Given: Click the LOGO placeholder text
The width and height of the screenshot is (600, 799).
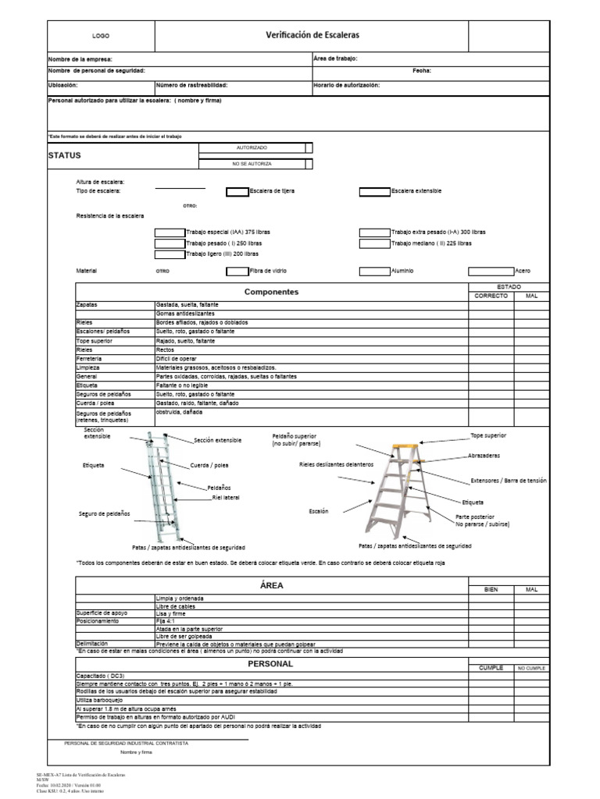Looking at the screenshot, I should tap(101, 36).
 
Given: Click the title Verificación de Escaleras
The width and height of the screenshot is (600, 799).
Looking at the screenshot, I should tap(312, 35).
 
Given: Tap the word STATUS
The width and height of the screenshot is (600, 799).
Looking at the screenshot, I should tap(65, 155).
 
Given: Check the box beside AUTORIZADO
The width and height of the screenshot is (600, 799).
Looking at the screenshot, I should tap(309, 147).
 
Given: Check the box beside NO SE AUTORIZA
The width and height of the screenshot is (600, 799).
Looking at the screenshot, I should tap(309, 164).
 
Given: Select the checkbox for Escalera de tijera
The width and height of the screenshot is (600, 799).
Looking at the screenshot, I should tap(237, 191).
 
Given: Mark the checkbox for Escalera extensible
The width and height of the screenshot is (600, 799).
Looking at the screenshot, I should tap(374, 191).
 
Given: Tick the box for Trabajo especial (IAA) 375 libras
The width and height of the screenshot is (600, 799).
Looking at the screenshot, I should tap(170, 233).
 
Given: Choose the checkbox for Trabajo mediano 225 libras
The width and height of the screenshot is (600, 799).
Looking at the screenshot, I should tap(374, 243).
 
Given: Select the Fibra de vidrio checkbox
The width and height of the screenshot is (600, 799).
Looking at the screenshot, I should tap(237, 272).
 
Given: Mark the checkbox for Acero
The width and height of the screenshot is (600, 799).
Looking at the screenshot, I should tap(491, 272).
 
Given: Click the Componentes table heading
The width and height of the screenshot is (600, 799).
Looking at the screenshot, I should tap(271, 292).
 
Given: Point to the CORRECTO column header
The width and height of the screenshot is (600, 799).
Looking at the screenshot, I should tap(491, 297).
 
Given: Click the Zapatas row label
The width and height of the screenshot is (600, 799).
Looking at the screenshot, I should tap(87, 304).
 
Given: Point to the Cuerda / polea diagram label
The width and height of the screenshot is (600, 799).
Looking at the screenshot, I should tap(210, 466).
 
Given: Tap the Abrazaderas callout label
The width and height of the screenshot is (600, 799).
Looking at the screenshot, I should tap(485, 456).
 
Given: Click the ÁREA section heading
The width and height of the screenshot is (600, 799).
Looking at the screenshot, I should tap(271, 585).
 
